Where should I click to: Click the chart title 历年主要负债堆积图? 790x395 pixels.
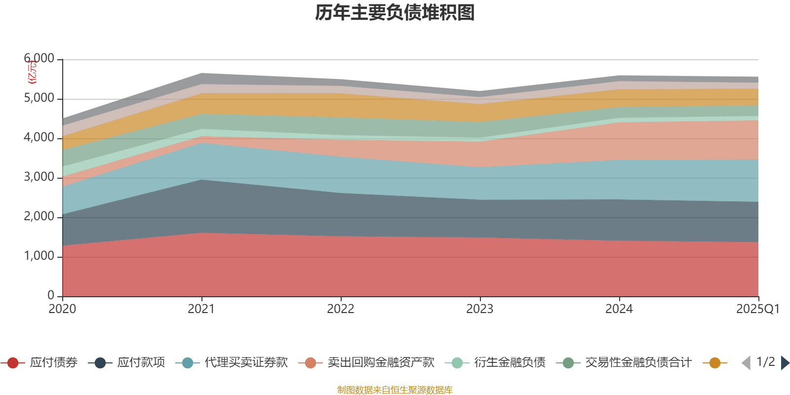click(395, 13)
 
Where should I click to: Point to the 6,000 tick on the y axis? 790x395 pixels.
click(39, 59)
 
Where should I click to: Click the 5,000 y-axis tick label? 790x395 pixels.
click(39, 98)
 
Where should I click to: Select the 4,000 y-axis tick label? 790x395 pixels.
click(39, 138)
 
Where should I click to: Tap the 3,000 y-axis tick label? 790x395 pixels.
click(39, 177)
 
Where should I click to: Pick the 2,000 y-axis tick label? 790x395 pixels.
click(39, 217)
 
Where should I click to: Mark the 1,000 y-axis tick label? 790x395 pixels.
click(39, 256)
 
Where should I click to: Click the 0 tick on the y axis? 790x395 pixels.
click(51, 295)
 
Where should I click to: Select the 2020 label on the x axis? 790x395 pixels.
click(62, 309)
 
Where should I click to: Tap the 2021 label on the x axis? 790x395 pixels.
click(201, 309)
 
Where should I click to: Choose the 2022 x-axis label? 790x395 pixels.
click(341, 309)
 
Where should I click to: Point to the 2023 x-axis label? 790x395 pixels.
click(480, 309)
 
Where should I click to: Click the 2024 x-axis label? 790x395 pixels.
click(619, 309)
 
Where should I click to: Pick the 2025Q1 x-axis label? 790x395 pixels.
click(757, 309)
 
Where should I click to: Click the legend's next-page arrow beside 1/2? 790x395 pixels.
click(785, 363)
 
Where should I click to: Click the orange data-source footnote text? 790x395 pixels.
click(395, 390)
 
